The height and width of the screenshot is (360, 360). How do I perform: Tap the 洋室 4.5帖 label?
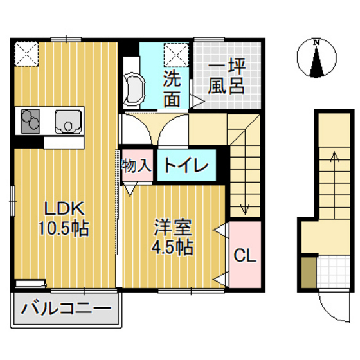click(x=173, y=237)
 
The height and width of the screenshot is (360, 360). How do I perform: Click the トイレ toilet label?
click(x=186, y=165)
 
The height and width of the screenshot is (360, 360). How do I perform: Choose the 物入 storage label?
click(x=136, y=165)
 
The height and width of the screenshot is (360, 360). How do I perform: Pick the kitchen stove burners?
click(x=30, y=120)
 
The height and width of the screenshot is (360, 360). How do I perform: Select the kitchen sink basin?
click(x=67, y=120)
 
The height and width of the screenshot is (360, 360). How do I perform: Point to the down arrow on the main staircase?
click(x=244, y=206)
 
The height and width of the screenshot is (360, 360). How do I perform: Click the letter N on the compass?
click(x=316, y=42)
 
